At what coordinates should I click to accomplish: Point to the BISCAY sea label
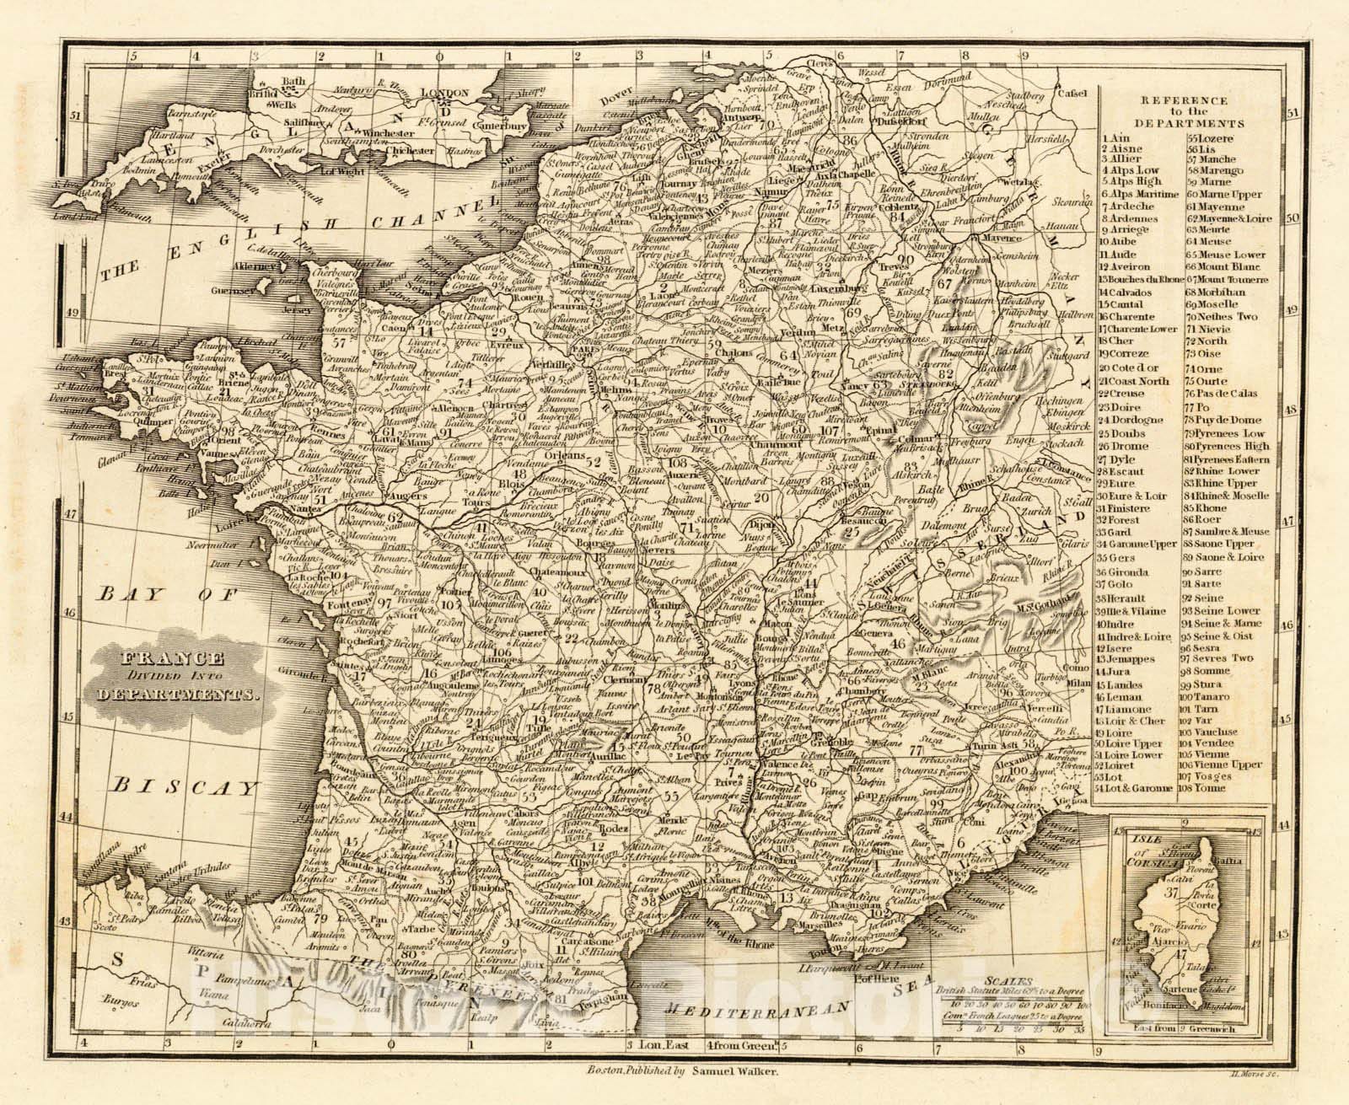click(x=184, y=788)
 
